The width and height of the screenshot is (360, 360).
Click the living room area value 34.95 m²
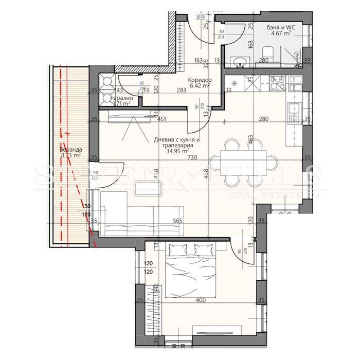click(x=170, y=152)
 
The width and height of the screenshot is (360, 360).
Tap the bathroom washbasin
click(x=238, y=63)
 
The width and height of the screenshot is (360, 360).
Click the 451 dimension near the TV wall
click(x=162, y=119)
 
